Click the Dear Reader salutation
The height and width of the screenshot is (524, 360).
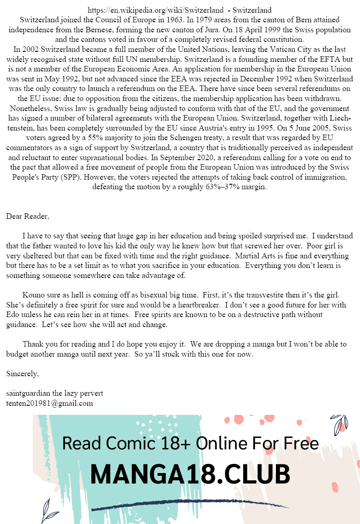[x=28, y=217]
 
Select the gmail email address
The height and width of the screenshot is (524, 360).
[x=50, y=403]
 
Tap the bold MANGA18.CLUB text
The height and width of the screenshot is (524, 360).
[x=190, y=474]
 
